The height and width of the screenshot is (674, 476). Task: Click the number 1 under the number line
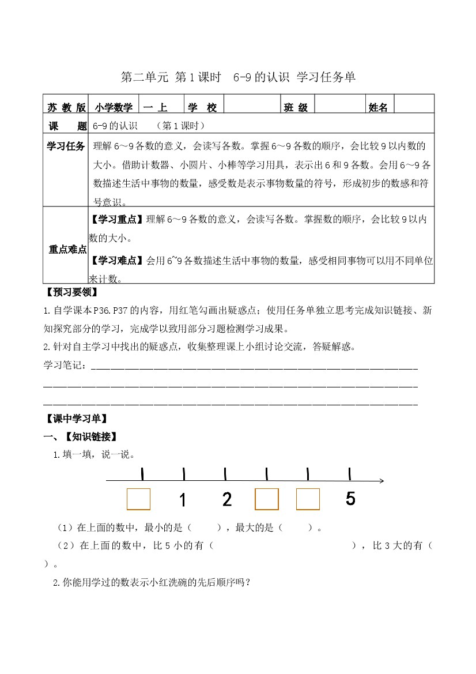(x=183, y=500)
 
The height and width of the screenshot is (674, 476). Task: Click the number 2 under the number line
(x=226, y=499)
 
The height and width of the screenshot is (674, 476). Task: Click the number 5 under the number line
(x=350, y=499)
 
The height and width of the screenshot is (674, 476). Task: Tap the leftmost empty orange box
(x=138, y=499)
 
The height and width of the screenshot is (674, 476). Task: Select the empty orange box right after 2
(x=267, y=499)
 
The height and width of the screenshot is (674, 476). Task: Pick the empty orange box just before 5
(x=308, y=499)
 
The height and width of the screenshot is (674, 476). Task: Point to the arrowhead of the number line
(x=381, y=481)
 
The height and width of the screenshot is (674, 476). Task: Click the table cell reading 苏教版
(x=66, y=107)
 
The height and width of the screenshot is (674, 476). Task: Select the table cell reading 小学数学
(x=115, y=107)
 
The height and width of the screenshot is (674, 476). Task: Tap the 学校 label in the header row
(x=202, y=107)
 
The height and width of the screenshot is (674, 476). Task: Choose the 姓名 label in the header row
(x=378, y=107)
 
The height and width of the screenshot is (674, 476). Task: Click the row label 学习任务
(x=66, y=145)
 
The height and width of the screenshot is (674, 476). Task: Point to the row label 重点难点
(x=67, y=250)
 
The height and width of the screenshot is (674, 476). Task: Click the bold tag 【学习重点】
(x=117, y=220)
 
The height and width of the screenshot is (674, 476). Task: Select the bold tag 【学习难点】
(x=117, y=261)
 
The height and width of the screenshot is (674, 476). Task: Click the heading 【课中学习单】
(x=75, y=419)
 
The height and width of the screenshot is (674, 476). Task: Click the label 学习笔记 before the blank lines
(x=65, y=366)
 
